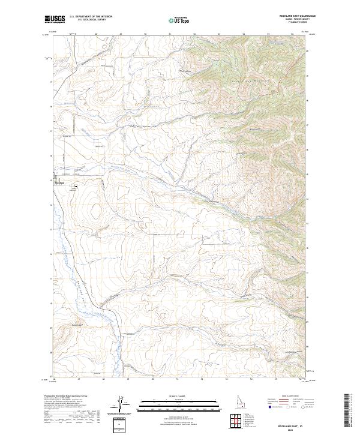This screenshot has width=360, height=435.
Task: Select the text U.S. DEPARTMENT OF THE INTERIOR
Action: (95, 17)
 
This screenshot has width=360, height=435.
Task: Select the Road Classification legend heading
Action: (281, 397)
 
